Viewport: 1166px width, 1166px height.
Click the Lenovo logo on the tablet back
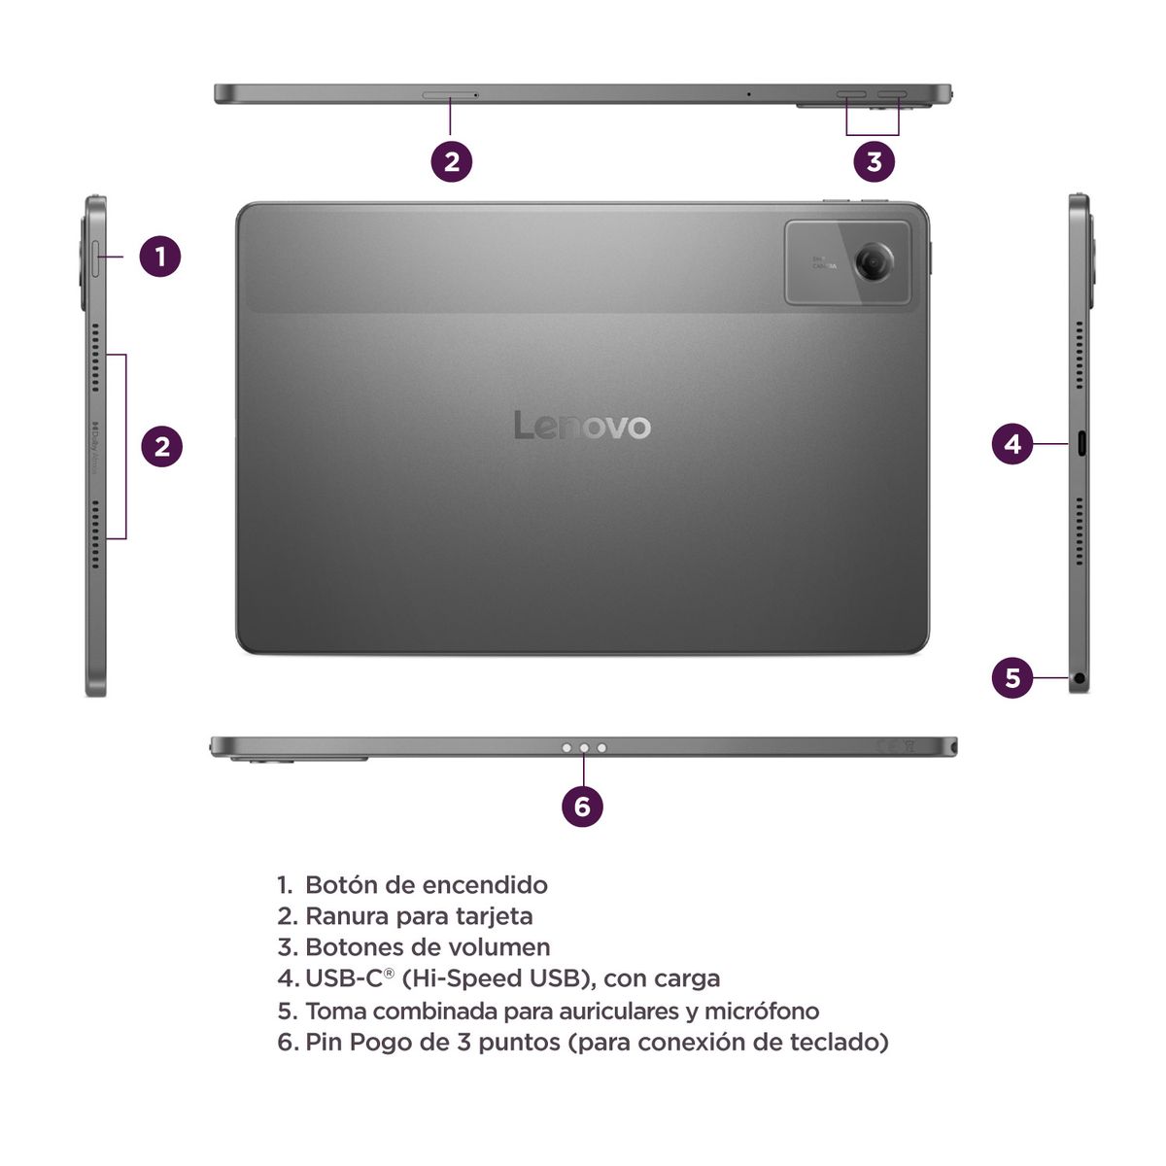click(x=582, y=426)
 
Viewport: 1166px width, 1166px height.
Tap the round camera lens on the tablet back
click(x=874, y=262)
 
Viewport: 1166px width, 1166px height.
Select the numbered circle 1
click(x=160, y=257)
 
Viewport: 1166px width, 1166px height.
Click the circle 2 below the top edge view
click(x=452, y=160)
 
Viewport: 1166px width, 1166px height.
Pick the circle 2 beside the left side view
click(x=162, y=446)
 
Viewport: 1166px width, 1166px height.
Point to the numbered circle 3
click(x=874, y=160)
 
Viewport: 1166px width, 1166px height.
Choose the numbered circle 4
click(x=1012, y=444)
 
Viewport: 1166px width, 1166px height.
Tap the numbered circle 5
click(x=1012, y=676)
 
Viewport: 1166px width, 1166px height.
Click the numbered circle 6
click(x=582, y=806)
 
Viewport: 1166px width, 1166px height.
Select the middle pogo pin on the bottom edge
click(x=584, y=748)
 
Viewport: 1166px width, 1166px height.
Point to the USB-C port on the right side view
click(x=1080, y=444)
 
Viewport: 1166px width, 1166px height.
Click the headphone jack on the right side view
click(x=1080, y=677)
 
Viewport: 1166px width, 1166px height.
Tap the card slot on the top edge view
click(x=450, y=95)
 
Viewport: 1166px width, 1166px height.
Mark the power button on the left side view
click(x=95, y=257)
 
